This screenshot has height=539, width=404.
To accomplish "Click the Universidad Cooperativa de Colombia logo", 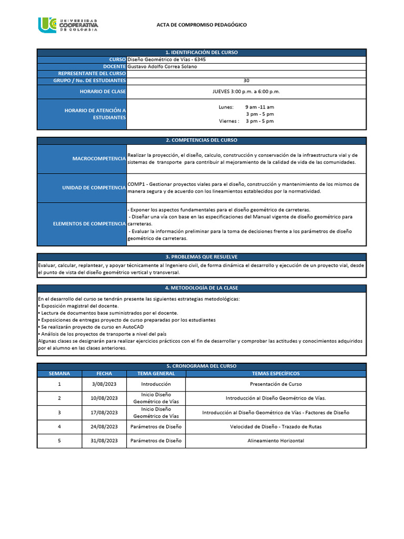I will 68,25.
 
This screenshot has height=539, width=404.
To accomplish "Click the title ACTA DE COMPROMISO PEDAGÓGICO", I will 201,25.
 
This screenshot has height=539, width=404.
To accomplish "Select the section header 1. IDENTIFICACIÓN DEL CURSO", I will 201,53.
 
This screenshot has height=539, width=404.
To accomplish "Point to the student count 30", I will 246,81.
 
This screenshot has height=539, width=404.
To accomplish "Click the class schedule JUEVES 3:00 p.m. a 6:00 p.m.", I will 246,92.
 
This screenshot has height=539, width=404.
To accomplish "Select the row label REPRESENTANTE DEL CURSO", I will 92,74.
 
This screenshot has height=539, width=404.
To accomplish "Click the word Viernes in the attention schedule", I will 229,121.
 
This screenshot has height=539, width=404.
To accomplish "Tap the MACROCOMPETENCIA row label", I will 99,158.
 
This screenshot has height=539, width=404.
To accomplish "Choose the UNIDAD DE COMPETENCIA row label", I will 94,188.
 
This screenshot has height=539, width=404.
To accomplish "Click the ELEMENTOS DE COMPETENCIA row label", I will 89,224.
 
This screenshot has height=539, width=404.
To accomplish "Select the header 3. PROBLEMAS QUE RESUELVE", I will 201,256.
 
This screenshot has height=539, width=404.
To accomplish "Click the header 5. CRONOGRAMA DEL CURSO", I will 201,366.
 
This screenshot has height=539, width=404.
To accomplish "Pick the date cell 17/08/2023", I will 104,412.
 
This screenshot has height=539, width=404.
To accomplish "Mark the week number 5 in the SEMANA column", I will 59,441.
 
